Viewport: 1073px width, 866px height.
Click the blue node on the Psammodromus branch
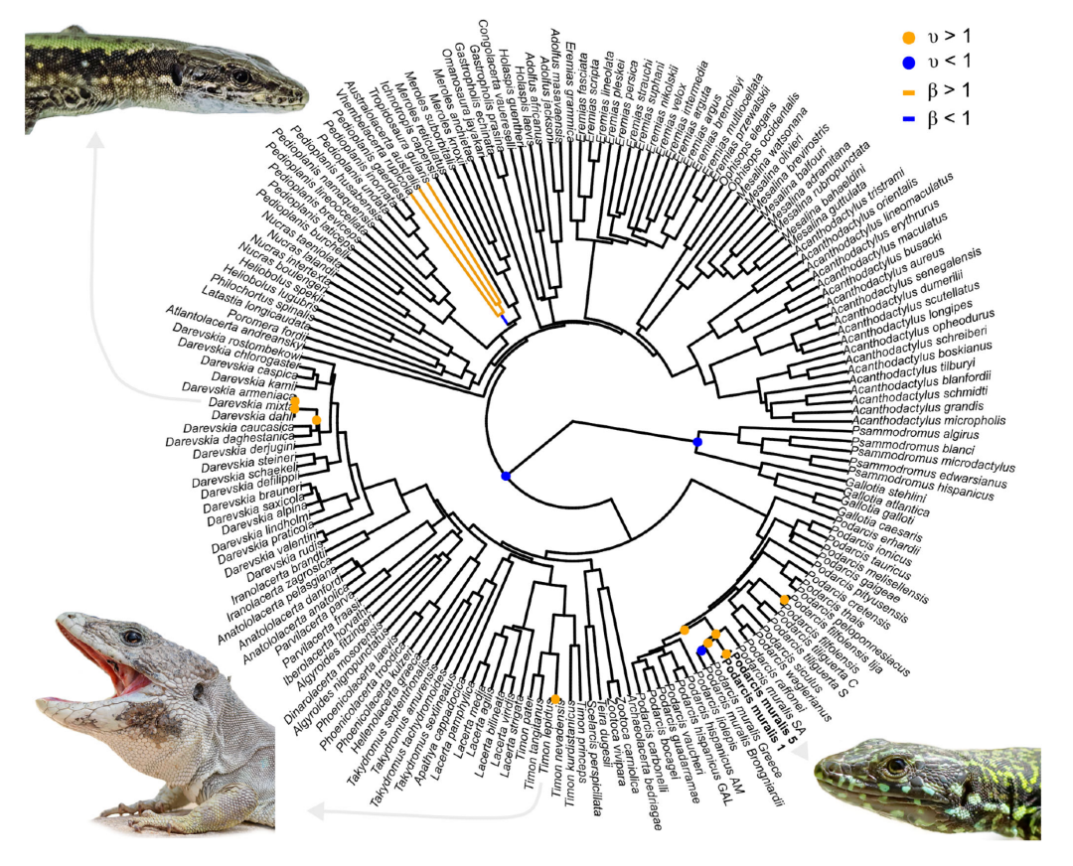(x=697, y=441)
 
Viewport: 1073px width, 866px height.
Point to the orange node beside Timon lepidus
(x=555, y=699)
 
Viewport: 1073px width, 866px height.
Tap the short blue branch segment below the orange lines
(x=505, y=319)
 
